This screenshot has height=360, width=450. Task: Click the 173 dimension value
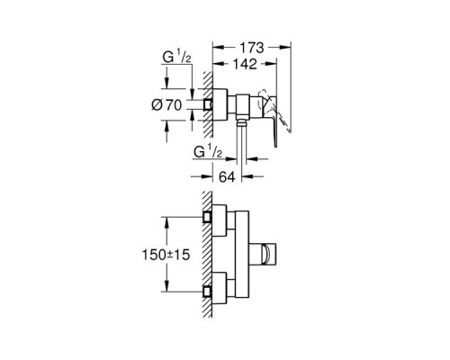coord(251,48)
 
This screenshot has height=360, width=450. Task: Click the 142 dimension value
coord(245,64)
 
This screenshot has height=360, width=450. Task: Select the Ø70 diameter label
coord(166,105)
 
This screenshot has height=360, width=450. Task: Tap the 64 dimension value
coord(227,176)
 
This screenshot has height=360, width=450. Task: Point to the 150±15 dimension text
coord(166,255)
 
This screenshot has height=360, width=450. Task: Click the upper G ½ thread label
coord(176,57)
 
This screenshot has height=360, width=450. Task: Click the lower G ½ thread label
coord(208,152)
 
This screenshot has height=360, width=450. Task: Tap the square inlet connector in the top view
coord(208,105)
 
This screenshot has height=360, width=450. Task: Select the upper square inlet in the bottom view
coord(207,217)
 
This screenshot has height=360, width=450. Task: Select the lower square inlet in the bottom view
coord(207,292)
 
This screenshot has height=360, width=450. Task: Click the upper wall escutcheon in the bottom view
coord(220,220)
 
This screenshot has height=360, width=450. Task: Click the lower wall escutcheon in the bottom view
coord(220,288)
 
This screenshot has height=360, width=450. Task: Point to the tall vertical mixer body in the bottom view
coord(242,255)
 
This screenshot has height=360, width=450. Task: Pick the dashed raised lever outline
coord(277,111)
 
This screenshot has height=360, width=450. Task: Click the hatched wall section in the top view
coord(208,104)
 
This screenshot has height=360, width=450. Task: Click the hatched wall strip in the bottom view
coord(207,255)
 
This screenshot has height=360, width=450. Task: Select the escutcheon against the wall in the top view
coord(220,104)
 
